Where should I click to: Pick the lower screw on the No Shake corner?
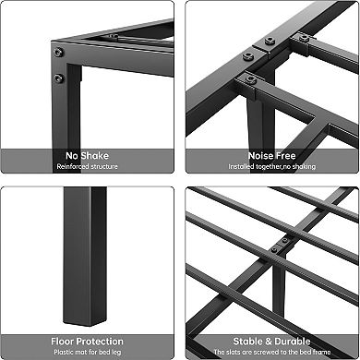pos(58,78)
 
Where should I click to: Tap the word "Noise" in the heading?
pos(258,156)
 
